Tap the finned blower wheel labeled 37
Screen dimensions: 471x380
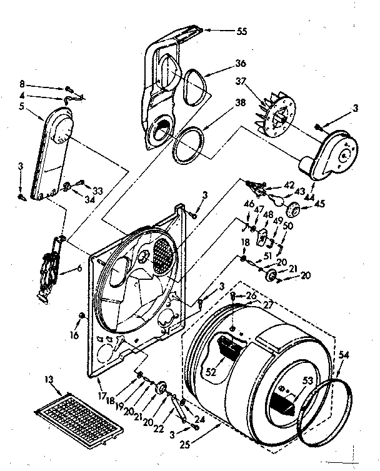(274, 116)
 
